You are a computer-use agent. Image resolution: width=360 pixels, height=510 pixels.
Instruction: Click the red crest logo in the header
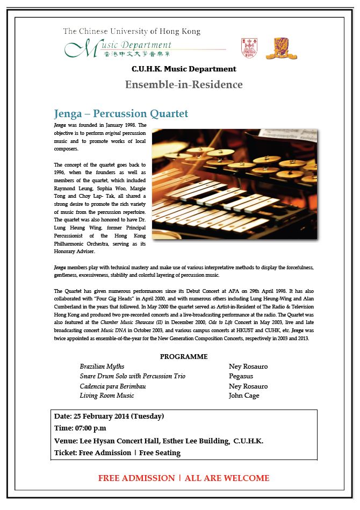tap(249, 48)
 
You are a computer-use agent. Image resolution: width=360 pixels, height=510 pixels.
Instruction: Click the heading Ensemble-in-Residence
tap(184, 85)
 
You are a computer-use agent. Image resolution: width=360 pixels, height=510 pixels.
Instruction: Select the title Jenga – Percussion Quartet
tap(121, 114)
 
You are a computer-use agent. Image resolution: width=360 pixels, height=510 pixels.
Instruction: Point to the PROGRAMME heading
tap(184, 357)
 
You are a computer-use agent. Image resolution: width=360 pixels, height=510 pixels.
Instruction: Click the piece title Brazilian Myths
tap(102, 367)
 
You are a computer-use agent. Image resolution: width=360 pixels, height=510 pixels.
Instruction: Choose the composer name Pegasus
tap(241, 376)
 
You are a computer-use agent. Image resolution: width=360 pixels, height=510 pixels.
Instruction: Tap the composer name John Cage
tap(244, 396)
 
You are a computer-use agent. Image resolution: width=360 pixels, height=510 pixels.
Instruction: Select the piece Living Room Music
tap(107, 396)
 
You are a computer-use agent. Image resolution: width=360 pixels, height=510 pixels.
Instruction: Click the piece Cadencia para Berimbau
tap(113, 386)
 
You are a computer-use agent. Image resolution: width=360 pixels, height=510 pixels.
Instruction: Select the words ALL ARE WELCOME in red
tap(227, 478)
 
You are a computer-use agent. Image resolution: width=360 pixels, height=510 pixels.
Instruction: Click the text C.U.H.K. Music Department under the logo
tap(184, 69)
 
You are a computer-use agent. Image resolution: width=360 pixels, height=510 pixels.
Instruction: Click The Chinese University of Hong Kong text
tap(132, 32)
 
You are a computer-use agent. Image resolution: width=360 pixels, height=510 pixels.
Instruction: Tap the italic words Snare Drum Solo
tap(103, 376)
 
